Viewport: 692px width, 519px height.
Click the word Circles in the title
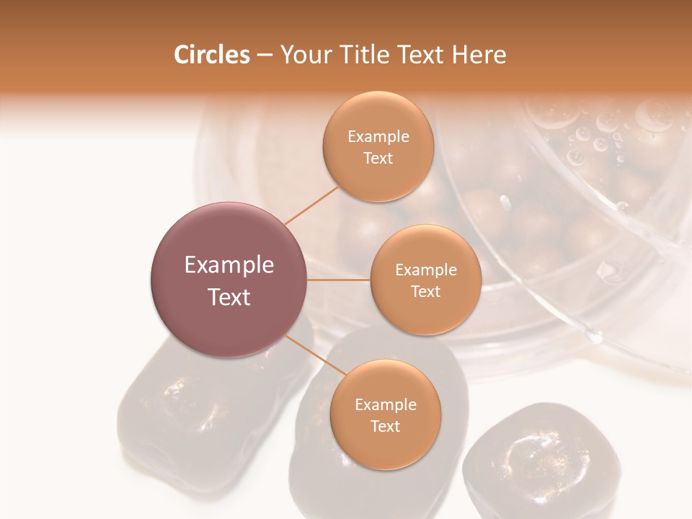pyautogui.click(x=211, y=55)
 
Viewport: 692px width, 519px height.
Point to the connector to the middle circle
pyautogui.click(x=339, y=280)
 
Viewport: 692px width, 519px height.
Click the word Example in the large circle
pyautogui.click(x=229, y=265)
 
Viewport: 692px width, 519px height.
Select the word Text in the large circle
pyautogui.click(x=229, y=297)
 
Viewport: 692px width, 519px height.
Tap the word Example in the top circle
pyautogui.click(x=378, y=137)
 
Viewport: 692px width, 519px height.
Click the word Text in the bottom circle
pyautogui.click(x=385, y=426)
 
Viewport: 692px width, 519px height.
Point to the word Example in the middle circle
pyautogui.click(x=425, y=270)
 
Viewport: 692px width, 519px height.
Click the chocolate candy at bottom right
pyautogui.click(x=532, y=461)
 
